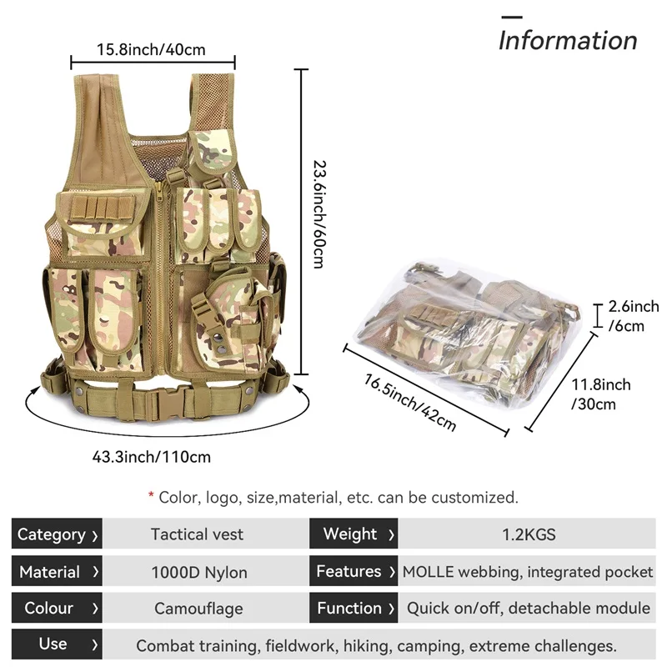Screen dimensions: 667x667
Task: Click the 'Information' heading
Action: pos(568,40)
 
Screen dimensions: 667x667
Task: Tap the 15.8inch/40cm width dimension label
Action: pos(151,50)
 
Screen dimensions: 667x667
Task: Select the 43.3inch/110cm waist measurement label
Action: pos(152,456)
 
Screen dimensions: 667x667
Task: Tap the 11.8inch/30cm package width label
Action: pos(600,394)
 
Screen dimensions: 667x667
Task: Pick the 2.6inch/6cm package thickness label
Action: pos(634,316)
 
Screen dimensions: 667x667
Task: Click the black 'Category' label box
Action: pos(57,534)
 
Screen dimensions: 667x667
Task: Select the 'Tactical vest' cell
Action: pos(198,534)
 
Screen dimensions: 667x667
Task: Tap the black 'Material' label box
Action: pos(57,572)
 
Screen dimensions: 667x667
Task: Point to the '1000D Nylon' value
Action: pos(198,573)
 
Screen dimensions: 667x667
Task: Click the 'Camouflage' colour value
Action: pos(198,609)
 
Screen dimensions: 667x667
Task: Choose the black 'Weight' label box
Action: pos(354,534)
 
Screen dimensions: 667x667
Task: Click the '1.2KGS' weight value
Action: pos(528,534)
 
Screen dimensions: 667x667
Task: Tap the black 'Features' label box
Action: pos(354,572)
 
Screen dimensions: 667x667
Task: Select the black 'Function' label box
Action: pos(354,609)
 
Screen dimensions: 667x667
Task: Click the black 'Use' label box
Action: pos(57,644)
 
